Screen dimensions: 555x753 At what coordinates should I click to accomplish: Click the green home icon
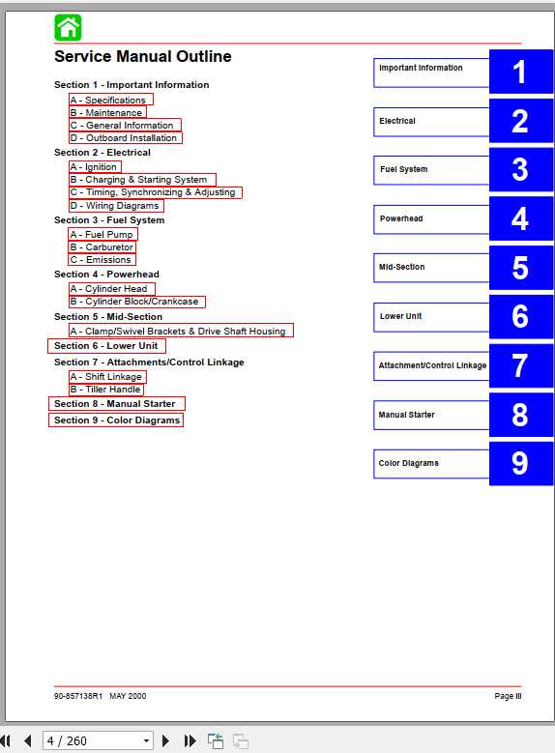tap(68, 27)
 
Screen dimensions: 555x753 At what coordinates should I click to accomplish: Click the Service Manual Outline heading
tap(142, 57)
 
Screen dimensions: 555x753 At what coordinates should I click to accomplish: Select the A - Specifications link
tap(110, 100)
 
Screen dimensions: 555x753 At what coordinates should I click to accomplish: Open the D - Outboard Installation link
tap(125, 138)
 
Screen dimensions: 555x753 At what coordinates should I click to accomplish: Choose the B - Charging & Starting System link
tap(141, 180)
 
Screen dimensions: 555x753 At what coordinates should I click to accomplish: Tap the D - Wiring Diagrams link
tap(115, 206)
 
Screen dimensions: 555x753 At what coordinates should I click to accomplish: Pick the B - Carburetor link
tap(102, 247)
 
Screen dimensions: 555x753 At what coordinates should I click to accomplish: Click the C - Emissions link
tap(102, 260)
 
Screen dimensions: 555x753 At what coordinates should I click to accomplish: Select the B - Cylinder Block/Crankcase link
tap(136, 302)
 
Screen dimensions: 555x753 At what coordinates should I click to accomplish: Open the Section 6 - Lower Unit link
tap(105, 346)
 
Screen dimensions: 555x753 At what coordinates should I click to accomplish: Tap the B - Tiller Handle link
tap(105, 390)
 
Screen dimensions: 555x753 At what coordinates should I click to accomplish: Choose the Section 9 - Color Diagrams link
tap(116, 420)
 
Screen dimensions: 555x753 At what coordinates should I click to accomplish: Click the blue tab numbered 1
tap(519, 72)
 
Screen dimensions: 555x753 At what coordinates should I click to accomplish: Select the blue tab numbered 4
tap(519, 218)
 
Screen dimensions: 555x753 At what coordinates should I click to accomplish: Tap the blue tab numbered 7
tap(519, 365)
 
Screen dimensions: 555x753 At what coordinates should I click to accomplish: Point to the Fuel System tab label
tap(403, 170)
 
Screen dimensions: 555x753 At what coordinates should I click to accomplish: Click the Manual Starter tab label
tap(407, 415)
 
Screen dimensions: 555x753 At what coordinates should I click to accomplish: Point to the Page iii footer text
tap(508, 696)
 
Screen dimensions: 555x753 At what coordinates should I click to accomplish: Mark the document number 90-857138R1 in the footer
tap(78, 696)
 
